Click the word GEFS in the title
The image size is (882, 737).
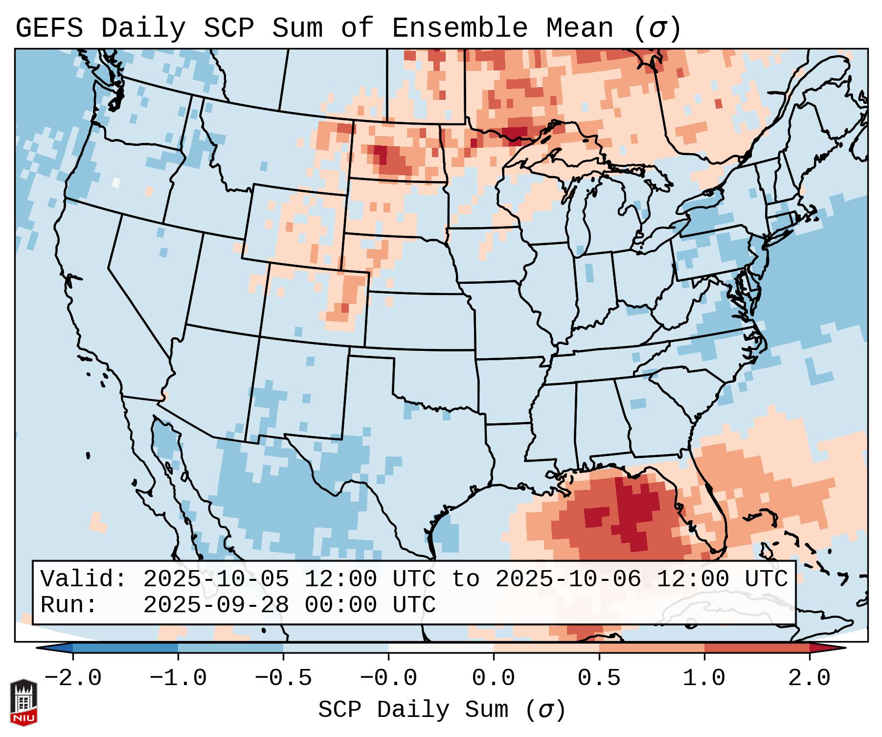click(49, 28)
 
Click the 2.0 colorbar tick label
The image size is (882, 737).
click(809, 678)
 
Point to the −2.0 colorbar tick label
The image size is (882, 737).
click(72, 678)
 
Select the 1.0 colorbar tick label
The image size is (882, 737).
click(704, 678)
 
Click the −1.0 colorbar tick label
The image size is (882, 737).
click(178, 678)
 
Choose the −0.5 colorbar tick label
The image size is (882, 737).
click(283, 678)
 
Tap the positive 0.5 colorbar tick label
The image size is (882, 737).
click(599, 678)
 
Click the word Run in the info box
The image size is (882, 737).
click(68, 605)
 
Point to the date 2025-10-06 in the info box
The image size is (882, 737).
click(568, 579)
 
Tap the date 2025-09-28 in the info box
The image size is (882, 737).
click(216, 605)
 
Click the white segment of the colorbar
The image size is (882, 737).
click(441, 648)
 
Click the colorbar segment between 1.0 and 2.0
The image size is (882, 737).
click(757, 648)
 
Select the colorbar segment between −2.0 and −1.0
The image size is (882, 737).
click(125, 648)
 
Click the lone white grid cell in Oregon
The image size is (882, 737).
click(116, 182)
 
